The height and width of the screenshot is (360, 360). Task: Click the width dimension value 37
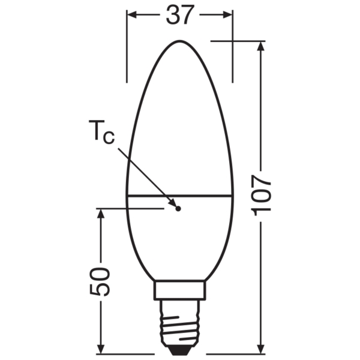[x=180, y=15]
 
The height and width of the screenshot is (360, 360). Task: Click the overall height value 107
[x=261, y=196]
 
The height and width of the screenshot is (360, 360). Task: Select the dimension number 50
[x=100, y=282]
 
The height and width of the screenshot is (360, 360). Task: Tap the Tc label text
[x=101, y=133]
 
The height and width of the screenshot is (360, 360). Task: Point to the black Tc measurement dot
[x=178, y=209]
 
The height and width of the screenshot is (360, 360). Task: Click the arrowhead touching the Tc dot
[x=173, y=203]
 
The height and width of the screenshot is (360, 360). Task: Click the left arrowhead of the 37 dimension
[x=132, y=14]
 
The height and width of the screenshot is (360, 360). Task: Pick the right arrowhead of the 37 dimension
[x=227, y=14]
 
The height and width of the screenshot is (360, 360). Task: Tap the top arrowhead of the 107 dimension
[x=261, y=46]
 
